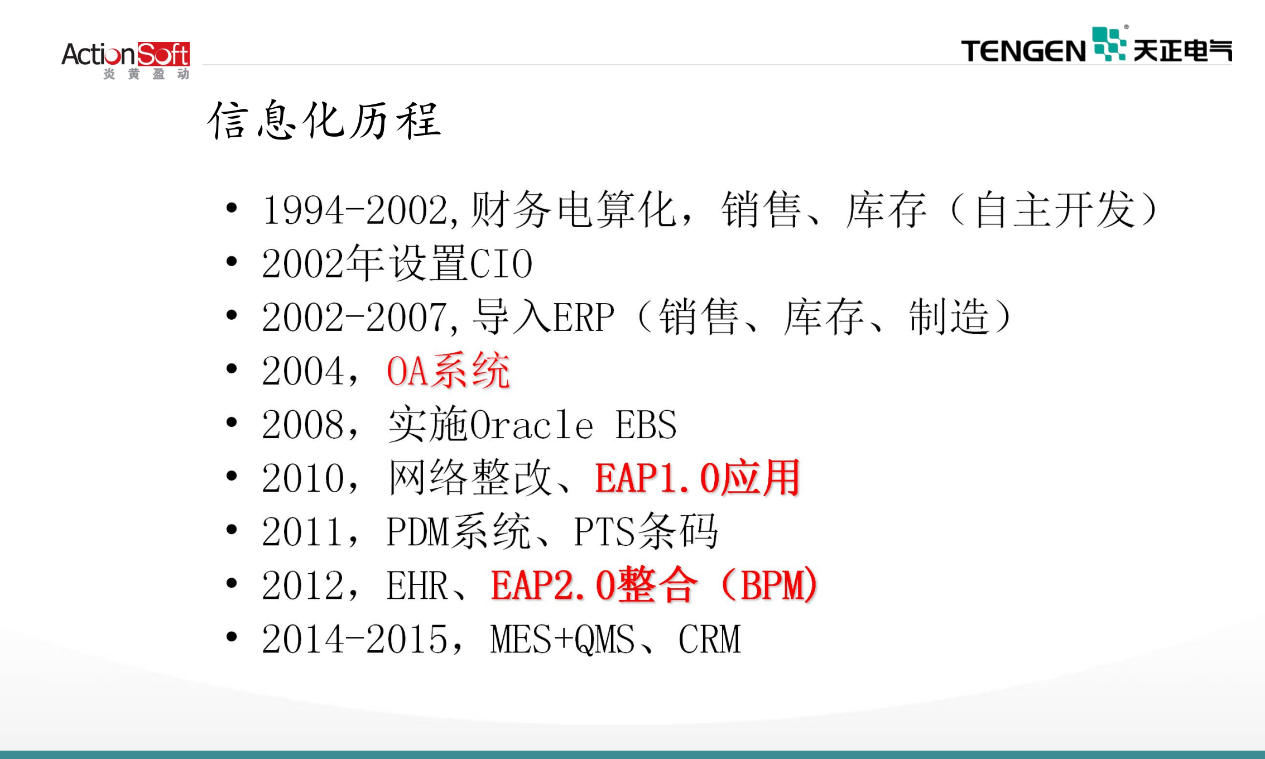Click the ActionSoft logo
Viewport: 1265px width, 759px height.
coord(126,59)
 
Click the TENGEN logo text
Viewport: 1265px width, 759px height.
coord(1023,51)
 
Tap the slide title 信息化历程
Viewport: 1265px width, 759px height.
coord(324,120)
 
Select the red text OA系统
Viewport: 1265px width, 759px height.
coord(448,371)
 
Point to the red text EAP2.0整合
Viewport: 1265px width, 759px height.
coord(594,585)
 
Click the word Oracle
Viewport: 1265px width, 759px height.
coord(532,425)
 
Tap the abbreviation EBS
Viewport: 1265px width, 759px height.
coord(646,425)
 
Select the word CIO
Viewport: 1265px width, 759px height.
coord(501,264)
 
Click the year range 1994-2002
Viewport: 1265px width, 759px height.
coord(355,210)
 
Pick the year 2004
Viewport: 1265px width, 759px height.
coord(304,371)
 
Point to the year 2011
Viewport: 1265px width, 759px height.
coord(304,532)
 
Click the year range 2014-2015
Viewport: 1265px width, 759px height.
coord(355,640)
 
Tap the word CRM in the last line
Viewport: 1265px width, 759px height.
coord(709,640)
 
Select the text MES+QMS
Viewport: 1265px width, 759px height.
coord(562,640)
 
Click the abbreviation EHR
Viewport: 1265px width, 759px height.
coord(417,585)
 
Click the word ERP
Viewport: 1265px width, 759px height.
coord(584,318)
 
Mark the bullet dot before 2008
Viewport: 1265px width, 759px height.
coord(232,422)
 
